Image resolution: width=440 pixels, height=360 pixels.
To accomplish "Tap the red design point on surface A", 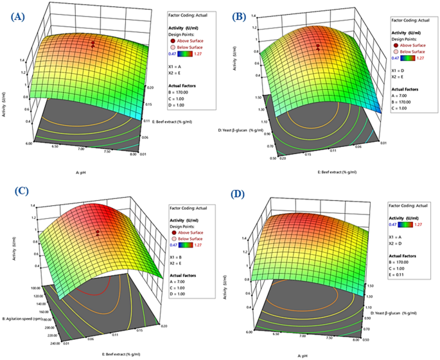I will pyautogui.click(x=93, y=44).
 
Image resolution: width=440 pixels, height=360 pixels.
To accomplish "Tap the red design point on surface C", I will pyautogui.click(x=97, y=232).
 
